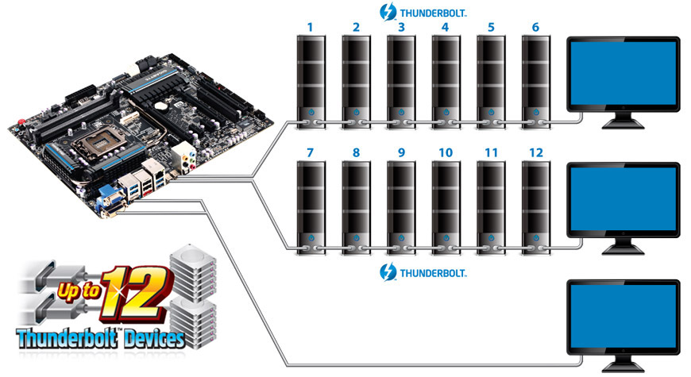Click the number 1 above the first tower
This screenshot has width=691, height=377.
(311, 27)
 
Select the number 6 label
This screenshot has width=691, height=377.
(535, 27)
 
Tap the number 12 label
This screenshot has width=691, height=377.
(536, 153)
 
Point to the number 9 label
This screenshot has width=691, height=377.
(401, 153)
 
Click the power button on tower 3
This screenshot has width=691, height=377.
(401, 112)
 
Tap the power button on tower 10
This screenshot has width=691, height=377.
(446, 238)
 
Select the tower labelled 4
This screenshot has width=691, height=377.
(446, 83)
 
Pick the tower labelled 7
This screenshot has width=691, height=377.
(311, 208)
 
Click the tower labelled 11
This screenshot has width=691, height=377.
(491, 208)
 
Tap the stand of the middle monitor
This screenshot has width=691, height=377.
(623, 246)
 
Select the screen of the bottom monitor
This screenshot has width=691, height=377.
(623, 316)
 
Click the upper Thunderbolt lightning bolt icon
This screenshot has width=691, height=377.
(388, 12)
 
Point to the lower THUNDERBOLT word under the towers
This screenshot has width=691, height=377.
(432, 273)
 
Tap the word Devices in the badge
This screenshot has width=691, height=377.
(154, 339)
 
